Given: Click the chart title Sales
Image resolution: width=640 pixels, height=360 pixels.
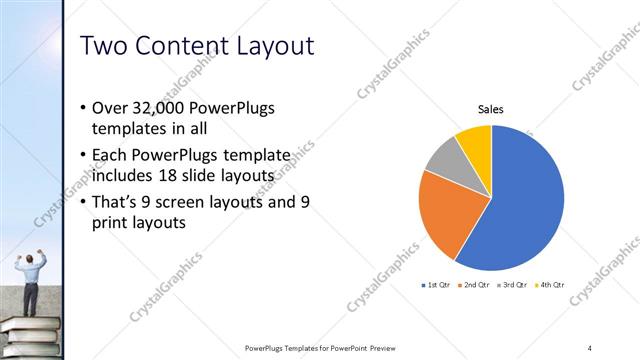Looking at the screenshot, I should [x=490, y=109].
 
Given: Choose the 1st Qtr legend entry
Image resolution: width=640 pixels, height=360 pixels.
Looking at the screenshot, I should [x=437, y=286].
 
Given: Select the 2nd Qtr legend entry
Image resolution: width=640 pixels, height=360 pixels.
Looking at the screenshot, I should [x=474, y=286].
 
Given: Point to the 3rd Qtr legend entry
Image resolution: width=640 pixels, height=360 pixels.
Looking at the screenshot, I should [x=511, y=286].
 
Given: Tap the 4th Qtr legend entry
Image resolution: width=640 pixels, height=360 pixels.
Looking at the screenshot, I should [x=548, y=286].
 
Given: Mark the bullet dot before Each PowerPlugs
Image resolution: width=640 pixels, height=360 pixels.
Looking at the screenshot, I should [x=81, y=157].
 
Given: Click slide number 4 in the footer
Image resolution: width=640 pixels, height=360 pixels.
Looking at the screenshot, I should [x=590, y=348].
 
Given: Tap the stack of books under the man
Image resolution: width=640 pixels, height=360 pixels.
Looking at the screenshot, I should [x=30, y=335].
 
